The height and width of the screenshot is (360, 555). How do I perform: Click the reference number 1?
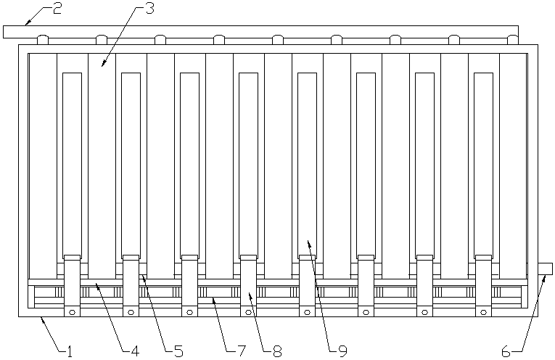click(70, 352)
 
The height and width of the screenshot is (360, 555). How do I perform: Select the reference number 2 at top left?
click(57, 9)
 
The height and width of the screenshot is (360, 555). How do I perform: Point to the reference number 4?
click(135, 352)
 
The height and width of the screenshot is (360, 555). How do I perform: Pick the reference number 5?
click(178, 352)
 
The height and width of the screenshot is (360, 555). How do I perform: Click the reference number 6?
click(506, 352)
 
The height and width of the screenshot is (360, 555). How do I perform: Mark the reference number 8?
click(276, 352)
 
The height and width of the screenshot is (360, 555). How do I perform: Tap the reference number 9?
click(342, 352)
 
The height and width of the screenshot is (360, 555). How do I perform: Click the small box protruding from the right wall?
click(545, 269)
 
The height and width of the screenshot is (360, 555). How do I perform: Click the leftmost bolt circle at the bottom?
click(72, 312)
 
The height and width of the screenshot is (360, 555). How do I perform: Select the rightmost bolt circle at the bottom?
click(483, 312)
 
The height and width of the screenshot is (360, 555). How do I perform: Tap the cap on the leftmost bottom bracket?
click(72, 257)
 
